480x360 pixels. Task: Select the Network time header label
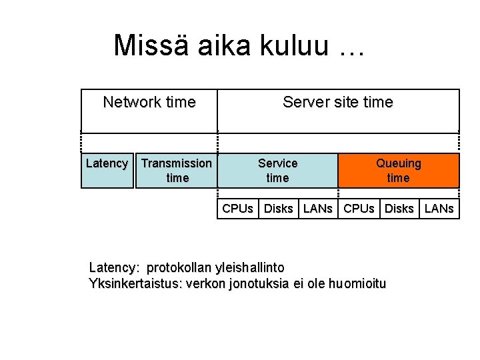pos(149,103)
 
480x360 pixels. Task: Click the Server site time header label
pos(338,103)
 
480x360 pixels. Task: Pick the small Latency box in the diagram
pos(107,171)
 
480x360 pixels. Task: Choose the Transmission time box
pos(177,171)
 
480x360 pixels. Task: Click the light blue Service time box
pos(277,171)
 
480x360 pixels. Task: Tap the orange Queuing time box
pos(399,171)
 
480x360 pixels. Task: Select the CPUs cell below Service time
pos(237,209)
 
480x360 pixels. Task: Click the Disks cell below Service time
pos(278,209)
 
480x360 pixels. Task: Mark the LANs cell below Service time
pos(317,209)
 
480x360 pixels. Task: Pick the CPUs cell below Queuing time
pos(359,209)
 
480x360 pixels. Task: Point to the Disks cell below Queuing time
pos(399,209)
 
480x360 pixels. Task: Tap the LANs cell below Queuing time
pos(439,209)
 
